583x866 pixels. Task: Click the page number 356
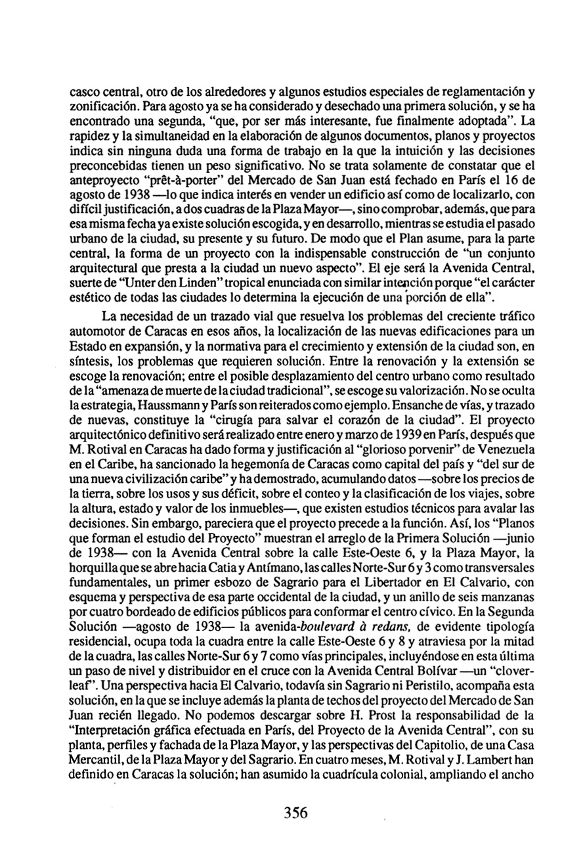pos(297,812)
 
